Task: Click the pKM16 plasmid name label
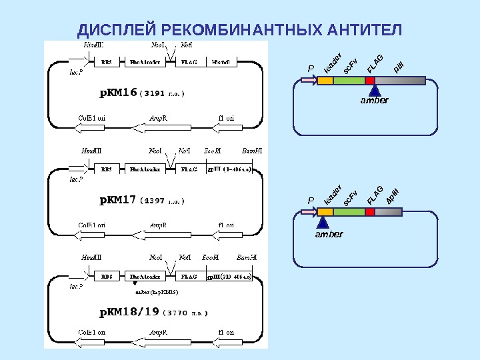[x=118, y=93]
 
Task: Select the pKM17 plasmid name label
[x=118, y=199]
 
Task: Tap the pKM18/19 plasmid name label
[x=129, y=311]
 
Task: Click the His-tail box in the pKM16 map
[x=221, y=62]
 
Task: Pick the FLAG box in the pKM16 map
[x=189, y=62]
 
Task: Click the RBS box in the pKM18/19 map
[x=106, y=276]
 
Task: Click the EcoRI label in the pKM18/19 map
[x=211, y=257]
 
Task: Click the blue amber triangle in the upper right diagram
[x=374, y=90]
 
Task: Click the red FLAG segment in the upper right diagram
[x=370, y=81]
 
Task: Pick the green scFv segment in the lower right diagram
[x=349, y=212]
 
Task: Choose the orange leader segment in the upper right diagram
[x=325, y=81]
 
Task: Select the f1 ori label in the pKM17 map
[x=226, y=225]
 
